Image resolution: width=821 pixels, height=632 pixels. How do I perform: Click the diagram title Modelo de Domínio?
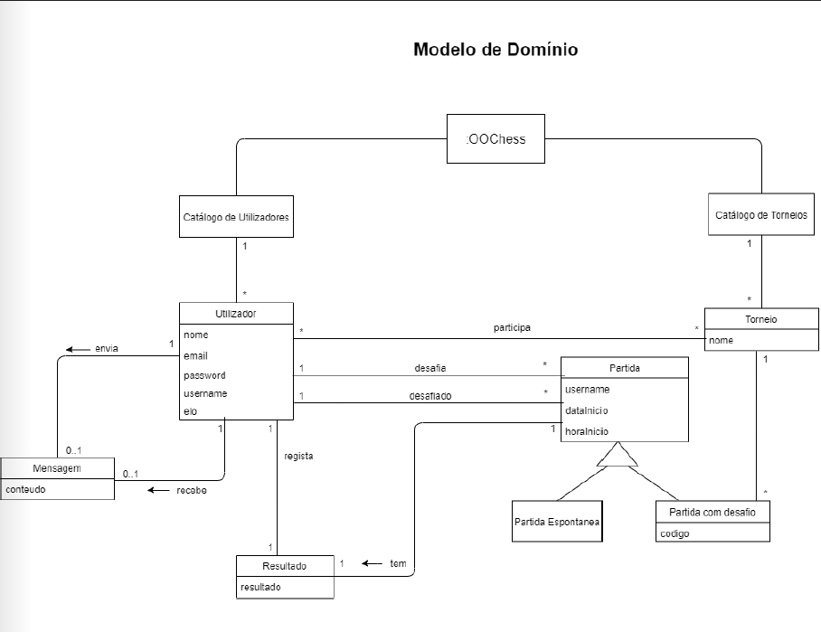tap(495, 49)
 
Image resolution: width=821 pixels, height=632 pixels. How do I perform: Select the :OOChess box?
tap(495, 138)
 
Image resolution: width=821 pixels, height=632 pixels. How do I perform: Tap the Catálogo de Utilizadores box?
tap(236, 217)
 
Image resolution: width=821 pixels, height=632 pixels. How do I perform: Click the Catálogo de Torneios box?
tap(760, 215)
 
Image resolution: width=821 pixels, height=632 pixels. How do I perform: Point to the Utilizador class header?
tap(236, 314)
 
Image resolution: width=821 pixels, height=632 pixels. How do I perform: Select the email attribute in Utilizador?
tap(195, 355)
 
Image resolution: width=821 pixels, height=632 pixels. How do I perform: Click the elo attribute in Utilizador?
tap(190, 411)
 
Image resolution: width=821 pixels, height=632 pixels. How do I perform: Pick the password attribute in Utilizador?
tap(204, 374)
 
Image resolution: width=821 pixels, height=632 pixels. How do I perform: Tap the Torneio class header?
tap(760, 319)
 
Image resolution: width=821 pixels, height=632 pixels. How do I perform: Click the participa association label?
tap(512, 326)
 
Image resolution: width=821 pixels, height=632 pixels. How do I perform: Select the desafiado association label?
tap(430, 395)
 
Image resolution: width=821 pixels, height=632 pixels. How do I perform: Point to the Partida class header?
tap(624, 368)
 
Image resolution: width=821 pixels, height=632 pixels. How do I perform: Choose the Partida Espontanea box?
tap(556, 522)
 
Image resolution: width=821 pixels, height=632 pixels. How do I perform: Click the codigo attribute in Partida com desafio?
tap(675, 533)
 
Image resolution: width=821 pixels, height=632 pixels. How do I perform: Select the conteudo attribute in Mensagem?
tap(27, 489)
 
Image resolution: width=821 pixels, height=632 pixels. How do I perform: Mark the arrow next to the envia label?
tap(77, 348)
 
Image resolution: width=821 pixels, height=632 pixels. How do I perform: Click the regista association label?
tap(298, 456)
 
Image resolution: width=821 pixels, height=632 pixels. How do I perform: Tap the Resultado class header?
tap(285, 566)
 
